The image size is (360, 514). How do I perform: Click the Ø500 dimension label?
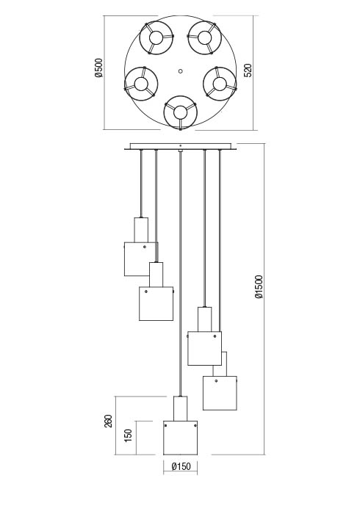click(x=98, y=68)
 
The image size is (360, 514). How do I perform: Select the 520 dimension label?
click(x=248, y=70)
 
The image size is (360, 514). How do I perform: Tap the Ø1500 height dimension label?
click(x=259, y=287)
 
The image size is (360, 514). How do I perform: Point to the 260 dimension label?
click(x=108, y=421)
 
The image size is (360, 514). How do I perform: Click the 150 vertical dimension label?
click(x=128, y=435)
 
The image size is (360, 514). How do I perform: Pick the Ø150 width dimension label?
click(x=181, y=466)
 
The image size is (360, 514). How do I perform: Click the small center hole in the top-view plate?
click(x=180, y=70)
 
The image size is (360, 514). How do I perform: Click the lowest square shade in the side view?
click(x=180, y=438)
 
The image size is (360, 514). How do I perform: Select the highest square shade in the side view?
click(x=141, y=259)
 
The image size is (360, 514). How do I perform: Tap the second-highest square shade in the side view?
click(x=156, y=304)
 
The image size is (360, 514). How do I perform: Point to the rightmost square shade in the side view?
click(x=220, y=393)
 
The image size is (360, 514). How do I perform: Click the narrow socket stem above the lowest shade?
click(x=180, y=408)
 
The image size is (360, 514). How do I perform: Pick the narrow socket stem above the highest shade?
click(x=141, y=230)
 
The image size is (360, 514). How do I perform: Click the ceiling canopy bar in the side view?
click(x=180, y=146)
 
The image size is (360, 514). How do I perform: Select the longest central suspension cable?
click(x=180, y=273)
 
